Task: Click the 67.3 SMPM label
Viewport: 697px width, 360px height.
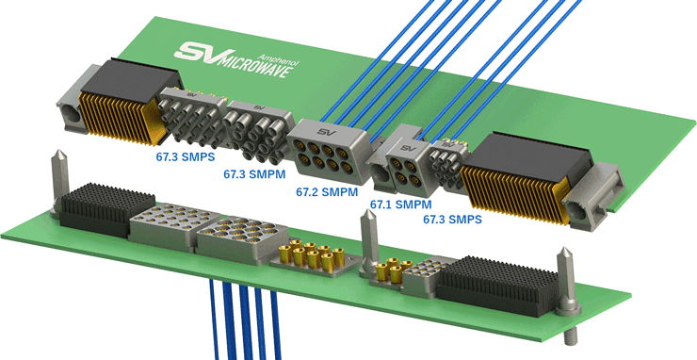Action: tap(254, 174)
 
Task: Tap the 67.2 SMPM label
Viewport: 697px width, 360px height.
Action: tap(327, 192)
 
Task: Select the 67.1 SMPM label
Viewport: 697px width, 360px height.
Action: tap(401, 205)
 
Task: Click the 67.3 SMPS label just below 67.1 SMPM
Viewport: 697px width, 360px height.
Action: tap(452, 219)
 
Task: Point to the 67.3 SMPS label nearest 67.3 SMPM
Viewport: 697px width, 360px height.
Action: tap(185, 157)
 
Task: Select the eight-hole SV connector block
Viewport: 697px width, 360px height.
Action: tap(329, 151)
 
